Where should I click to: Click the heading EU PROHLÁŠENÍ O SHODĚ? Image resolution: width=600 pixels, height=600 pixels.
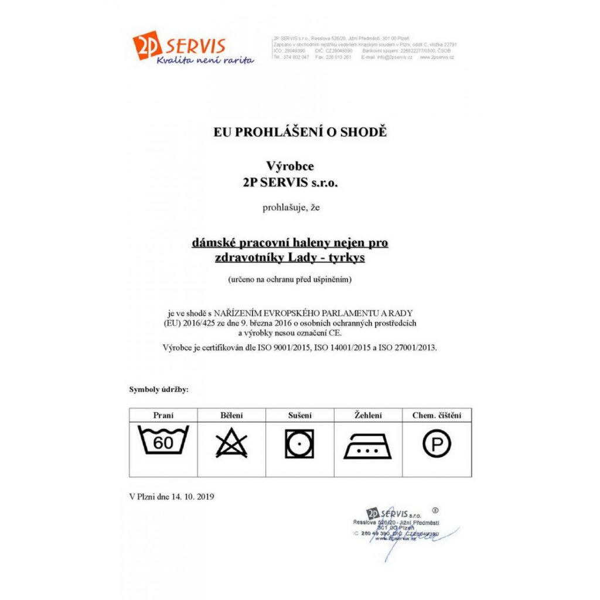[300, 132]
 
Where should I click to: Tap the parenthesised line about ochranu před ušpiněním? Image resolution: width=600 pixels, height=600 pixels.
[291, 279]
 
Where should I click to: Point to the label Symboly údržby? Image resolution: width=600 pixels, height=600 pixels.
[159, 389]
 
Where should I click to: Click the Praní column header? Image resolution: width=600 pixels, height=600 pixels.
[163, 415]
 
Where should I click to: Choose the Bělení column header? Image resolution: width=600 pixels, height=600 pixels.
[231, 415]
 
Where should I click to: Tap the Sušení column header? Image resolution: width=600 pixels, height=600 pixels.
[299, 415]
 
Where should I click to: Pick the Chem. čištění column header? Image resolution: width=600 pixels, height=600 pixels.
[437, 415]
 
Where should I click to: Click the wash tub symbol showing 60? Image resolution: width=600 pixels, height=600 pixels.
[163, 442]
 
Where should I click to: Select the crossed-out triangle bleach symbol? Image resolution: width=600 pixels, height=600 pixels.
[231, 444]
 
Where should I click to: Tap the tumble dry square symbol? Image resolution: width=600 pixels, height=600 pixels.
[299, 444]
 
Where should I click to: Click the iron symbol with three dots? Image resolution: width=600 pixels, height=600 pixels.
[368, 446]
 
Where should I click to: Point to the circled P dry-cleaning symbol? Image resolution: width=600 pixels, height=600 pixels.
[437, 445]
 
